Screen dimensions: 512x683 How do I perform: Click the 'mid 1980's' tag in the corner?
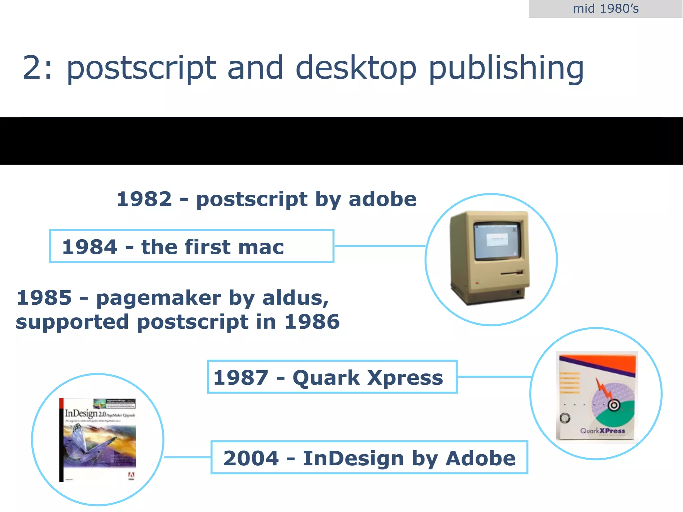[x=605, y=9]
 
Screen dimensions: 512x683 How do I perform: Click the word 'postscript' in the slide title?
[x=141, y=68]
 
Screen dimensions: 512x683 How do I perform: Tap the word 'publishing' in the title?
[x=506, y=68]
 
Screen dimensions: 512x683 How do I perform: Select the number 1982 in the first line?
[x=144, y=199]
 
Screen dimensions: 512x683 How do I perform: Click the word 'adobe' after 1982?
[x=383, y=199]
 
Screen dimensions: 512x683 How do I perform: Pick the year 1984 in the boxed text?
[x=90, y=247]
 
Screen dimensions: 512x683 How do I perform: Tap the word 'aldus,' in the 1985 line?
[x=295, y=298]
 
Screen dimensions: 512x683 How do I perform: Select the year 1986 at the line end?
[x=312, y=322]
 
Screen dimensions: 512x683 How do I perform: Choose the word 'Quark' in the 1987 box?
[x=326, y=378]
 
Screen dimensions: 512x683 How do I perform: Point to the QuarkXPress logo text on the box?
[x=602, y=431]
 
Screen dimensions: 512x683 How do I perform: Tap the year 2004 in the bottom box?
[x=251, y=458]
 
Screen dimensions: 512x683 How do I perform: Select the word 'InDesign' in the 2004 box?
[x=353, y=458]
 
